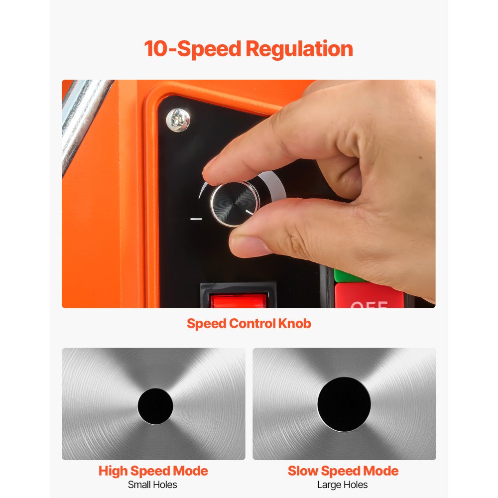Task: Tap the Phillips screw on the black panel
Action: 178,120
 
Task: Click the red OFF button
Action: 369,298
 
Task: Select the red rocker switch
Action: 238,300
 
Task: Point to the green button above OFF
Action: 347,275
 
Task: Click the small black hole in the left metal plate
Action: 155,406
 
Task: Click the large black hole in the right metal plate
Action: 344,404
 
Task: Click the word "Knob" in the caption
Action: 294,323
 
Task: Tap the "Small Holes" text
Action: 153,485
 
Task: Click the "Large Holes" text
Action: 343,485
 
